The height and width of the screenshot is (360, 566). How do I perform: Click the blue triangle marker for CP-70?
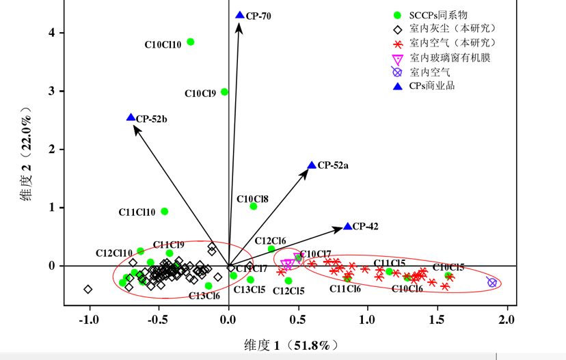tap(239, 15)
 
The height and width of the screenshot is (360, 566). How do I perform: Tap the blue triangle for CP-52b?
tap(131, 117)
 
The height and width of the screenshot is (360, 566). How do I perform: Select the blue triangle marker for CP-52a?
tap(312, 165)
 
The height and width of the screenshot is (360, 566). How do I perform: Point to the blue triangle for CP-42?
tap(347, 226)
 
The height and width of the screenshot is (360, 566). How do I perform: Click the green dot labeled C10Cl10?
tap(191, 42)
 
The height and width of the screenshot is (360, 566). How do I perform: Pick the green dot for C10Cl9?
tap(224, 92)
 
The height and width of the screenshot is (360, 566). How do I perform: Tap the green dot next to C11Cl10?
tap(164, 211)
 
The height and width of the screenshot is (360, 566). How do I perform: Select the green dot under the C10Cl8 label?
tap(254, 206)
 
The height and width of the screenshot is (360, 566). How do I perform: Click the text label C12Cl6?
tap(270, 240)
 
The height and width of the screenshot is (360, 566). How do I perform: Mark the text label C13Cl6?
tap(204, 296)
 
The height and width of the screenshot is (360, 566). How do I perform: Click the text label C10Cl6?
tap(407, 289)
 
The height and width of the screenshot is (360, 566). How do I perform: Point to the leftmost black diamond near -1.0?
tap(88, 289)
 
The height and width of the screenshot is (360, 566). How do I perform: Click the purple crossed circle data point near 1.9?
tap(491, 282)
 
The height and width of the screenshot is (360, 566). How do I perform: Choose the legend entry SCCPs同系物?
tap(437, 14)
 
